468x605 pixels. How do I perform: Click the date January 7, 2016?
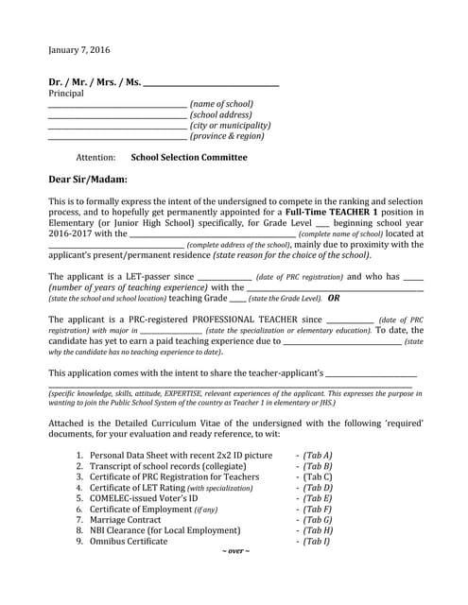[x=79, y=49]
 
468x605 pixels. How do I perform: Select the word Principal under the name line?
[x=66, y=94]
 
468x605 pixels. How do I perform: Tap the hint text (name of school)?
[x=221, y=103]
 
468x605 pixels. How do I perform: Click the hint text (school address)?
[x=220, y=114]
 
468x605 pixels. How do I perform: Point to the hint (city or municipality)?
[x=230, y=125]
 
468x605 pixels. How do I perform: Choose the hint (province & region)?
[x=227, y=136]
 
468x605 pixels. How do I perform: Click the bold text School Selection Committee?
[x=189, y=158]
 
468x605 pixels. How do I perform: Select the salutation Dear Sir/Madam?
[x=88, y=179]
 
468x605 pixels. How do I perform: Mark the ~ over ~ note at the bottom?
[x=235, y=551]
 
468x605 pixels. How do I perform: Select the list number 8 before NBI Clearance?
[x=79, y=530]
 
